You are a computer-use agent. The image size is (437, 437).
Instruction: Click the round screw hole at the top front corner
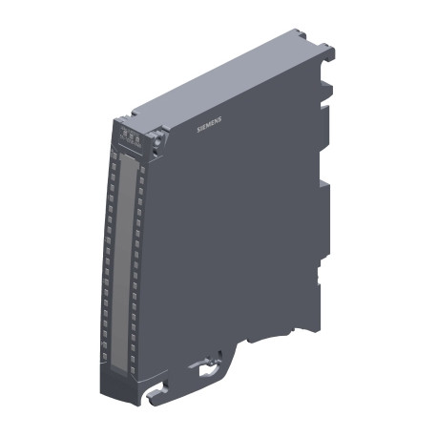[156, 139]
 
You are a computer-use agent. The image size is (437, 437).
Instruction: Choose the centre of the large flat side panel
[229, 239]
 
